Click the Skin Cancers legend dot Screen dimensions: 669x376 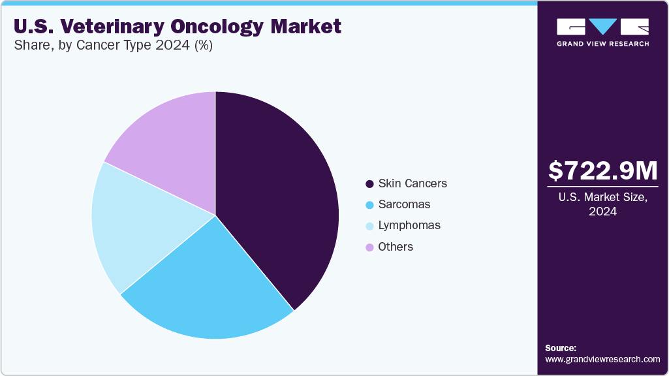369,184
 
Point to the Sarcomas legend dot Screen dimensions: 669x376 369,205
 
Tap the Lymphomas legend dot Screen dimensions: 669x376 369,226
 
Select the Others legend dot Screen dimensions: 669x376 369,247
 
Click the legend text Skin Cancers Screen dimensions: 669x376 412,183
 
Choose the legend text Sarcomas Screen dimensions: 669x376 404,204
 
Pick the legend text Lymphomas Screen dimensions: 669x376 409,225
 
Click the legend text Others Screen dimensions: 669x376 396,247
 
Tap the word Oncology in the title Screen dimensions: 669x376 217,27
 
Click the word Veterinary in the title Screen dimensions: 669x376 112,26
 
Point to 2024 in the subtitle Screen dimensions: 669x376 172,45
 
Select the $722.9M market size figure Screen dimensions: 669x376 603,170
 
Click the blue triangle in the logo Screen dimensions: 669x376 603,26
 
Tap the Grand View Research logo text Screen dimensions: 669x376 603,44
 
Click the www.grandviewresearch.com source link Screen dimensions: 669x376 602,360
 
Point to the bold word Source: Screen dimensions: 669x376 561,348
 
